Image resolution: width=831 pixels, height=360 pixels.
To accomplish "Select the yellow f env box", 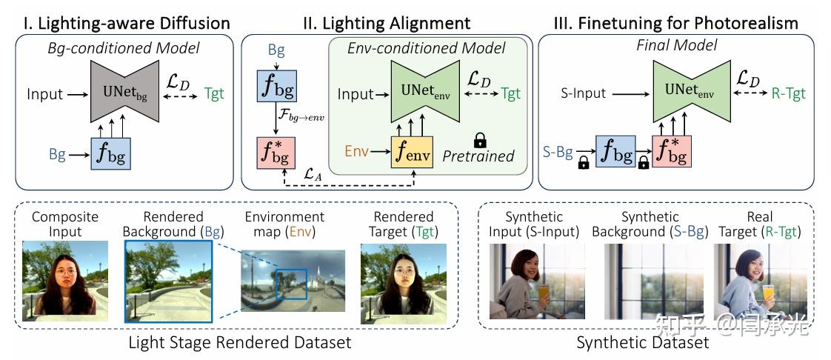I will pos(411,153).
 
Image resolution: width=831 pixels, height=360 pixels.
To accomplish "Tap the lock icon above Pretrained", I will pos(480,139).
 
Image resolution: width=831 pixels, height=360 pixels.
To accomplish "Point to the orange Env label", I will pos(357,152).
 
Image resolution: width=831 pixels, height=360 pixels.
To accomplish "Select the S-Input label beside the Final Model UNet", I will pos(583,94).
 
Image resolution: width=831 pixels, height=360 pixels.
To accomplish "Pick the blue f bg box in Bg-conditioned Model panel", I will pos(110,154).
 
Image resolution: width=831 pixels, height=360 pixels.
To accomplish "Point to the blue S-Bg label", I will pos(558,153).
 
